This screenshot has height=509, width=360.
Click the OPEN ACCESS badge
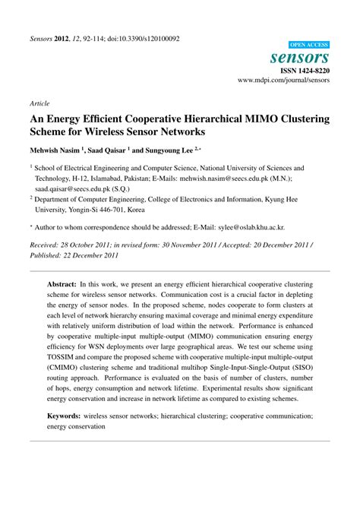[x=308, y=46]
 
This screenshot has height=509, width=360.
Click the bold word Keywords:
[x=66, y=416]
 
